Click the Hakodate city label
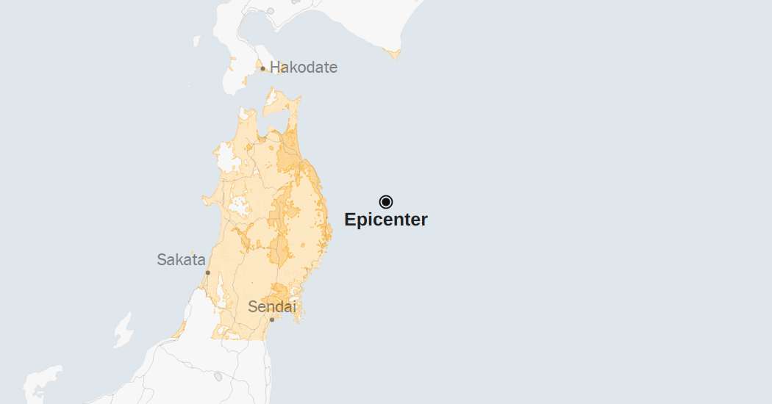(x=303, y=68)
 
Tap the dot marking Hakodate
(x=262, y=69)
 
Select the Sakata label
(x=181, y=259)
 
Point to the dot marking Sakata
(x=207, y=273)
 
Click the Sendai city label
(x=272, y=307)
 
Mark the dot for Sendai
(x=272, y=320)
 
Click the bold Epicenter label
(x=386, y=220)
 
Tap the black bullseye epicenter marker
(x=386, y=202)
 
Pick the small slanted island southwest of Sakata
(x=124, y=330)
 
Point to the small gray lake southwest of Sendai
(x=218, y=377)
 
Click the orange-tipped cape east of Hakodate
(x=395, y=53)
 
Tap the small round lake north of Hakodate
(x=271, y=11)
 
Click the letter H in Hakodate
(x=275, y=68)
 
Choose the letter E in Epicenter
(x=350, y=220)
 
